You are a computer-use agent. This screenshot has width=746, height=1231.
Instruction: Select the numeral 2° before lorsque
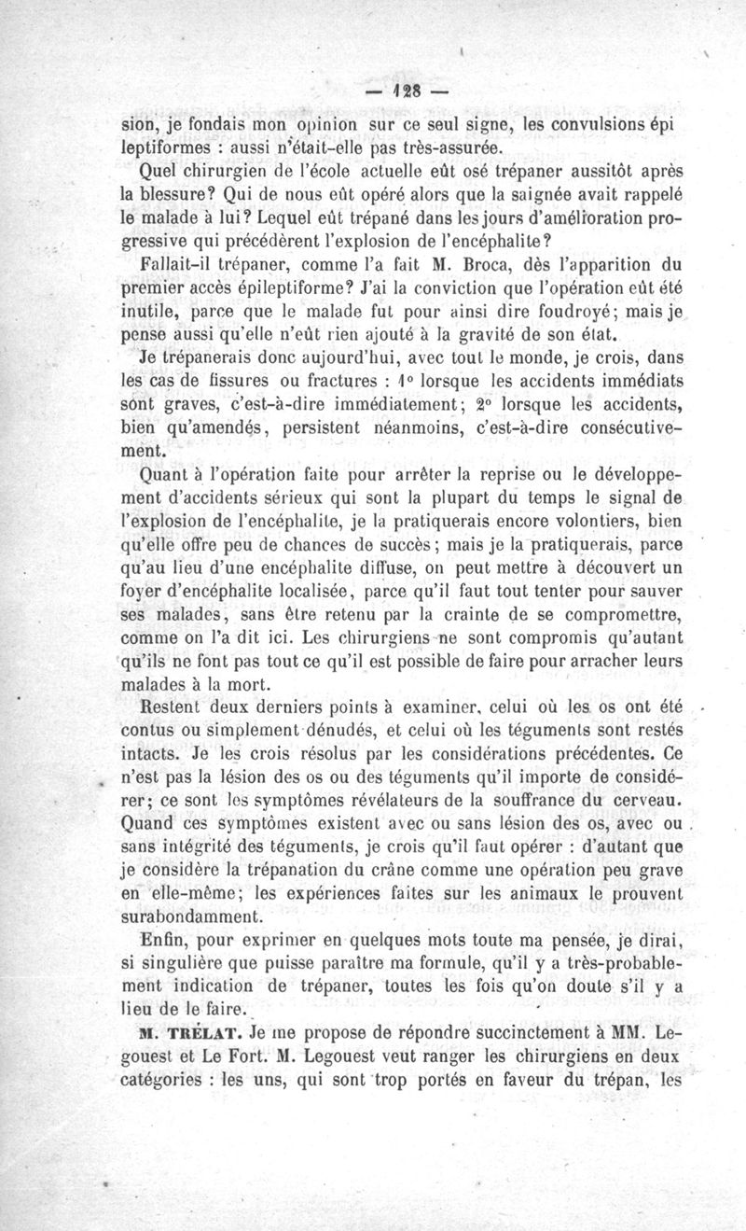point(480,404)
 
